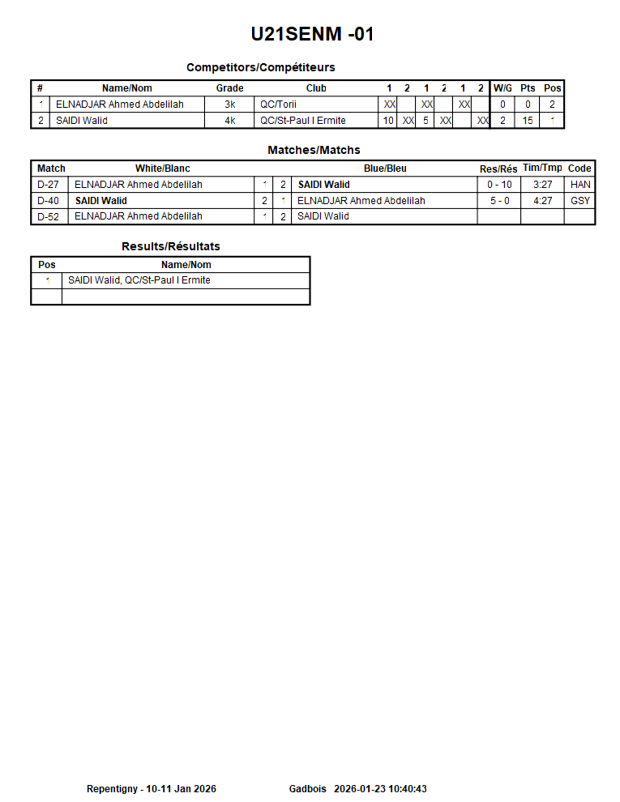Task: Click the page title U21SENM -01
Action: (312, 34)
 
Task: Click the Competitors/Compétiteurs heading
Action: (260, 67)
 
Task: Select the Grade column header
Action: (229, 88)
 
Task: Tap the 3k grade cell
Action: (229, 105)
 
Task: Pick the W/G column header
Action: (502, 88)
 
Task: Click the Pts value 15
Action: (528, 121)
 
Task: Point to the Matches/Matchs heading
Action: (314, 150)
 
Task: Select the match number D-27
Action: (49, 185)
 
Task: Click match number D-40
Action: (49, 201)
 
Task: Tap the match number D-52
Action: (49, 216)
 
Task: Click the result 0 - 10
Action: (499, 185)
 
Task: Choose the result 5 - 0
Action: (499, 201)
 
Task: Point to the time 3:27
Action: (542, 185)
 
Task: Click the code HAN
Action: (580, 185)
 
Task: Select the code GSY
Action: (580, 201)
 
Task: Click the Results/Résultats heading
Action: (170, 246)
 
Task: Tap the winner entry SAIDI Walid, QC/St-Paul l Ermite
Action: (139, 280)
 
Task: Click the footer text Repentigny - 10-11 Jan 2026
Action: (152, 789)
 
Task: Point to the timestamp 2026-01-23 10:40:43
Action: (380, 789)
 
